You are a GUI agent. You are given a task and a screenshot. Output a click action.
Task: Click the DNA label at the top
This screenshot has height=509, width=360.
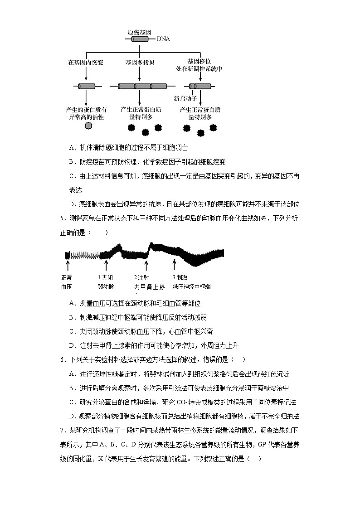click(163, 39)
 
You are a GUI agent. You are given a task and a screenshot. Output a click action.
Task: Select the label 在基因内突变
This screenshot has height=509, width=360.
click(86, 62)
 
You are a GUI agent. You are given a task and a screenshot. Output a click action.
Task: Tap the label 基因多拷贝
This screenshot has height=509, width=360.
click(140, 62)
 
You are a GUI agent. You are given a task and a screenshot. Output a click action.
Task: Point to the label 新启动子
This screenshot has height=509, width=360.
click(185, 98)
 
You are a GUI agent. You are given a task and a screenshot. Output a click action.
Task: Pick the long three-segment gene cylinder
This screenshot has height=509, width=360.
click(142, 86)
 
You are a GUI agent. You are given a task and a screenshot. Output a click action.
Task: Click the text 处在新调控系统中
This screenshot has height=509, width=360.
click(199, 69)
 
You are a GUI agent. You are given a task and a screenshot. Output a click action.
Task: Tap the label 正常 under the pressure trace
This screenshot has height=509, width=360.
click(66, 277)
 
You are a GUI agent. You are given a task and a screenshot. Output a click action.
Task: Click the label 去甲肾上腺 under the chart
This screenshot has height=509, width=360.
click(149, 287)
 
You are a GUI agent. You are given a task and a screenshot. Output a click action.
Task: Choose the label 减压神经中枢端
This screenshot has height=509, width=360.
click(191, 287)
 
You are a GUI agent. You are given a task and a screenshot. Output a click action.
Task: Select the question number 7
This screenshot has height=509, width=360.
click(62, 430)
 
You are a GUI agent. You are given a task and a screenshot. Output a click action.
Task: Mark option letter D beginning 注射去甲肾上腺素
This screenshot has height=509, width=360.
click(72, 345)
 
